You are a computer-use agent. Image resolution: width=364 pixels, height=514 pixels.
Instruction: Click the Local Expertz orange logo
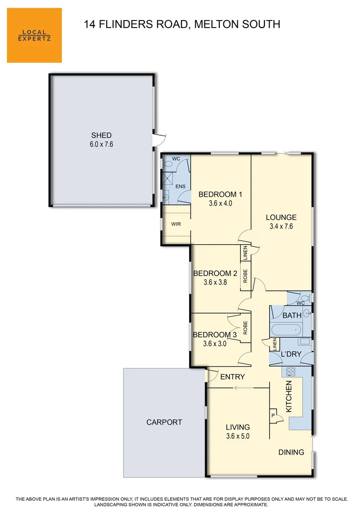click(x=34, y=35)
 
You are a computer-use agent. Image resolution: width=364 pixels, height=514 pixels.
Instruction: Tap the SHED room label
click(x=101, y=135)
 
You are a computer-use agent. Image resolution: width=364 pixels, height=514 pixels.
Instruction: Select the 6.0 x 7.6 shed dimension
click(x=101, y=144)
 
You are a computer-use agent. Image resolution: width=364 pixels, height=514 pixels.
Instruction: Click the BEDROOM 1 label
click(x=220, y=194)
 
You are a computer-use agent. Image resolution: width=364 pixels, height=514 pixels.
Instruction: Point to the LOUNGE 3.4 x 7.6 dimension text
click(x=281, y=226)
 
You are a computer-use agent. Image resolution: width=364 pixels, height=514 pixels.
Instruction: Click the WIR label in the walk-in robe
click(x=176, y=224)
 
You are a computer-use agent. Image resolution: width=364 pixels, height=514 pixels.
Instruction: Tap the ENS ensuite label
click(x=181, y=187)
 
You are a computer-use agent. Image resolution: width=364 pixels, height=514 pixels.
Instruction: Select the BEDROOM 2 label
click(x=215, y=273)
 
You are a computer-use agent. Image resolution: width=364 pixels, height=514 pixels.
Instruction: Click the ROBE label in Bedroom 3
click(x=245, y=327)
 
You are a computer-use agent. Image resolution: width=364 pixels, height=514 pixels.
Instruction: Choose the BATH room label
click(x=292, y=316)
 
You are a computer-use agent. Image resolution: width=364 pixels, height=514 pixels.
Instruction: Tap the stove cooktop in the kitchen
click(x=291, y=372)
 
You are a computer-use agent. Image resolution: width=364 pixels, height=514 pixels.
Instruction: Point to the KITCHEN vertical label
click(x=289, y=396)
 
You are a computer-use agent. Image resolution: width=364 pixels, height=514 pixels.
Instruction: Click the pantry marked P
click(x=273, y=415)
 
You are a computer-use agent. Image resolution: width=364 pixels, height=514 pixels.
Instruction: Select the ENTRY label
click(x=233, y=377)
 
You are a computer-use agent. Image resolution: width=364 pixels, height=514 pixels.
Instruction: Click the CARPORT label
click(x=164, y=422)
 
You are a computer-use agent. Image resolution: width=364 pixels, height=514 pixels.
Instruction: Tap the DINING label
click(x=291, y=453)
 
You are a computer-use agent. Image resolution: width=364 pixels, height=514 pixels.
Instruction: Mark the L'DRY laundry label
click(x=291, y=354)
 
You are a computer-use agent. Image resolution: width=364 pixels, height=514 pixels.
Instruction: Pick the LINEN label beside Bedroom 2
click(x=245, y=253)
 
